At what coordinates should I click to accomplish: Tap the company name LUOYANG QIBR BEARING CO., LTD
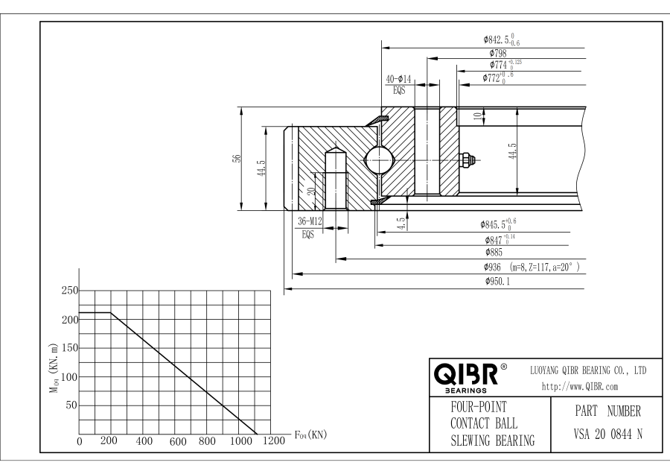pos(588,370)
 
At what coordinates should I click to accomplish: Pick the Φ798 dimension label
pos(498,53)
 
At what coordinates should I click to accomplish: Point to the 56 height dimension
pos(236,158)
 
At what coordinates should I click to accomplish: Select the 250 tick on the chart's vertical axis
pos(68,291)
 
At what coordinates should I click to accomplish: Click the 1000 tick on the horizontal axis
pos(240,441)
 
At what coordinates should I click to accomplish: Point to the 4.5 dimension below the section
pos(401,222)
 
